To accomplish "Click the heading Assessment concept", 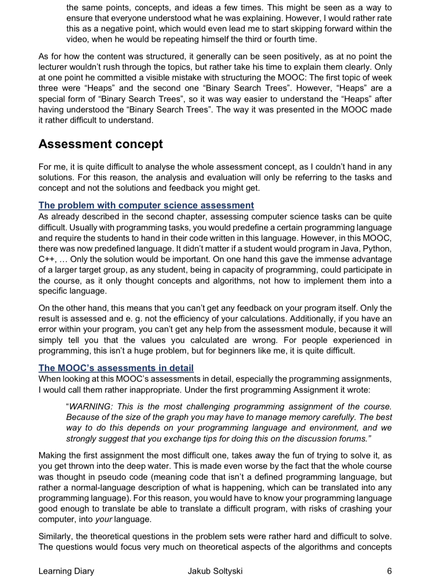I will click(x=101, y=144).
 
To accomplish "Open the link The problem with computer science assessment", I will click(x=146, y=205).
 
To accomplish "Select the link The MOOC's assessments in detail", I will click(x=116, y=368).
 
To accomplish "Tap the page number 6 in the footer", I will click(x=389, y=571).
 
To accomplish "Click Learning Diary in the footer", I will click(x=66, y=571).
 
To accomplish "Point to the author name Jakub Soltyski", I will click(x=215, y=571).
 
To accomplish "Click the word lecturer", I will click(x=54, y=67).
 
